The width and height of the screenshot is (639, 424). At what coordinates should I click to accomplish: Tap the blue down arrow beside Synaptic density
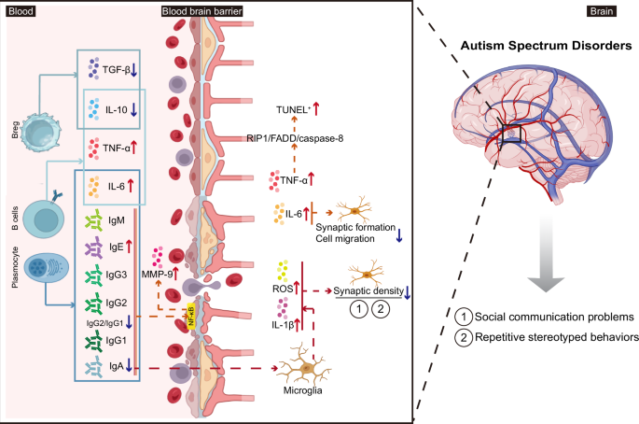409,291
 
